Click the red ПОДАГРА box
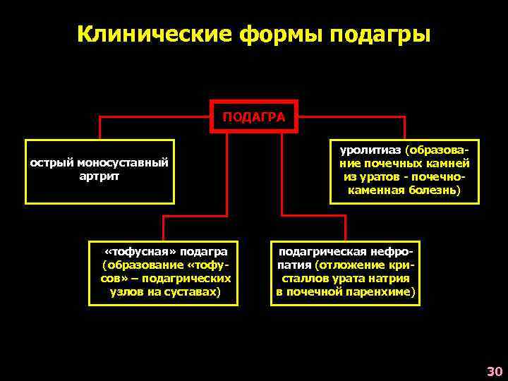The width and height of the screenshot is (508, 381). (x=255, y=116)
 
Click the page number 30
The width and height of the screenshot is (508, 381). (x=494, y=371)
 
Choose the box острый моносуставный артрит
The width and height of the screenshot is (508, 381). (x=99, y=169)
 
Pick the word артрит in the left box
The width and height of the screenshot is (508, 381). (x=99, y=176)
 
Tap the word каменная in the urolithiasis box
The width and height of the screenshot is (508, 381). (x=377, y=190)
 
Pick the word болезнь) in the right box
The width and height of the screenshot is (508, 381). (x=436, y=190)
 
